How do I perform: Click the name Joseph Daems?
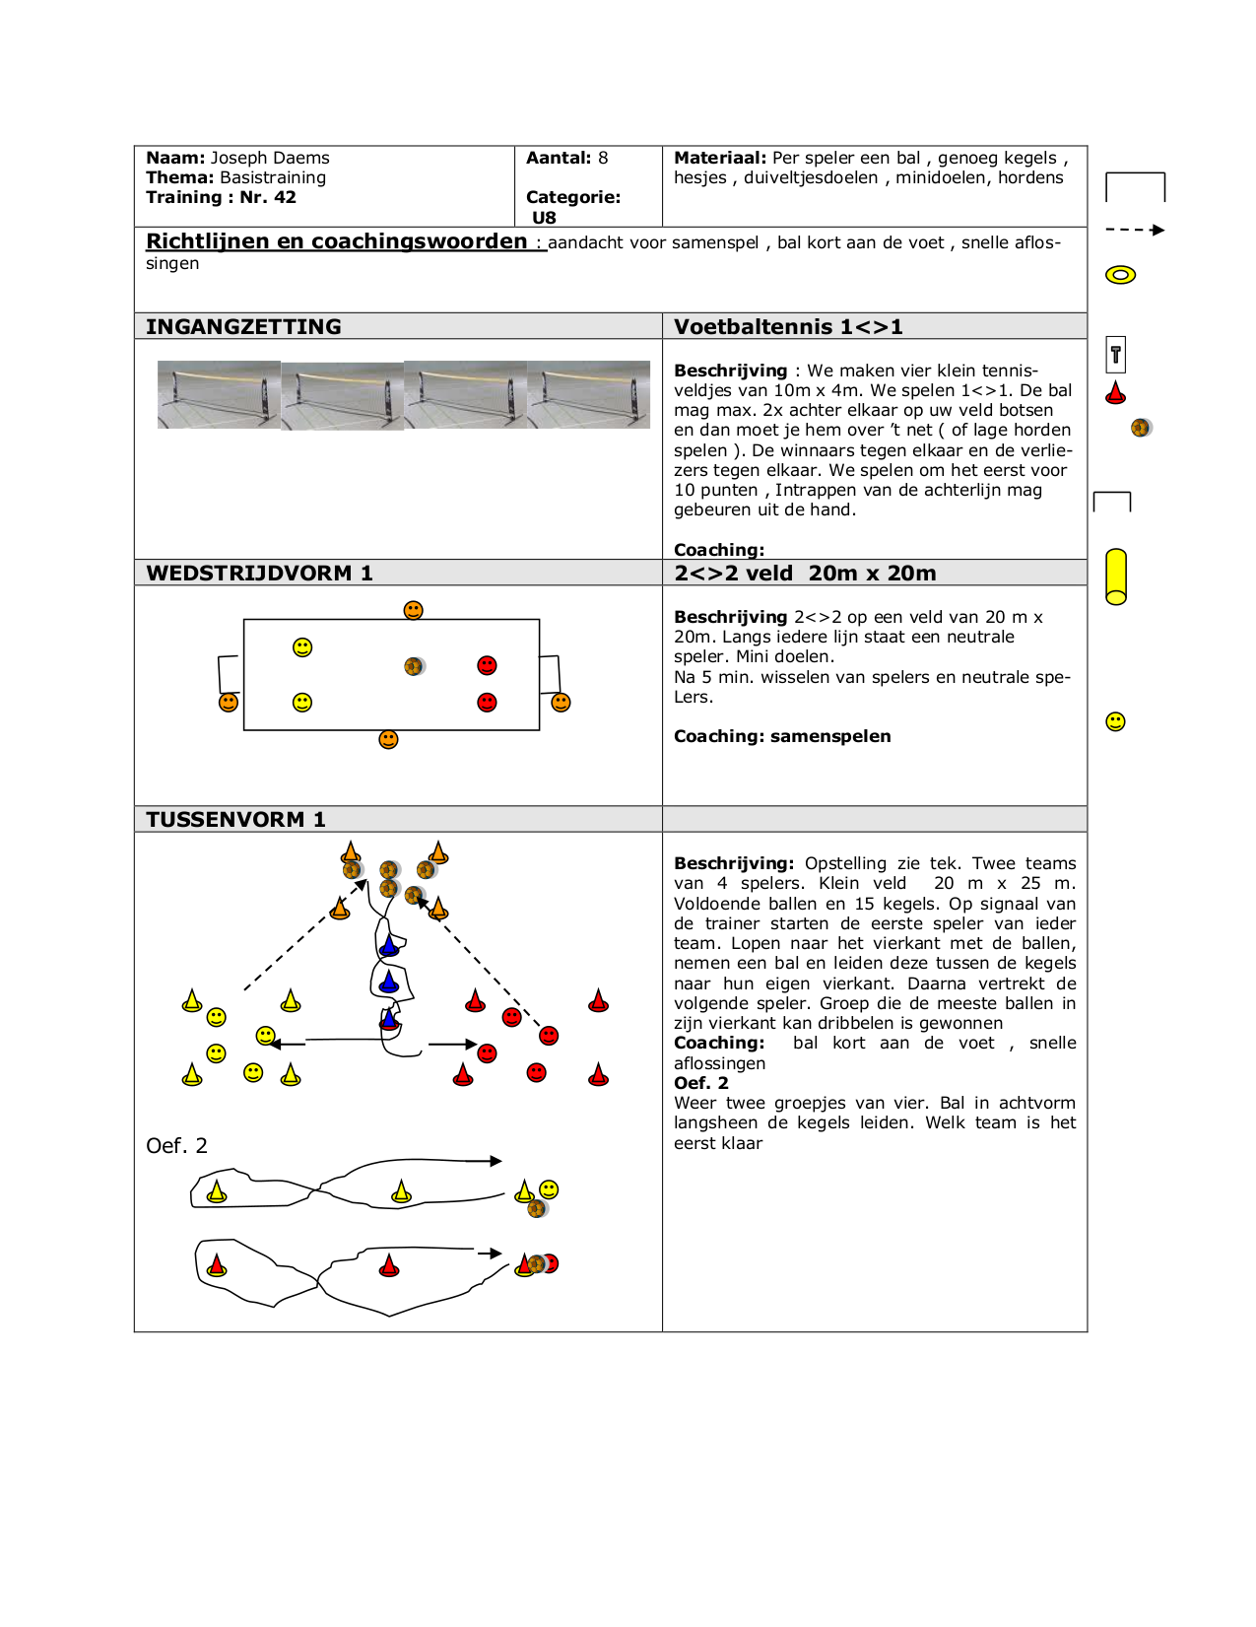(x=269, y=158)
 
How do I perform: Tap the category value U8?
(x=544, y=218)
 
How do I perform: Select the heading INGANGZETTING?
(x=243, y=327)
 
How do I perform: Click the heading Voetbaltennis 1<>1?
(x=788, y=327)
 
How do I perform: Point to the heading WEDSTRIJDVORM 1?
(x=259, y=574)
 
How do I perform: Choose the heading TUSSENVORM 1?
(x=235, y=820)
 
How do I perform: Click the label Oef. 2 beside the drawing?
(x=176, y=1145)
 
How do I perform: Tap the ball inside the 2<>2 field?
(x=414, y=667)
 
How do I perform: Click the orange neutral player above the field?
(x=414, y=611)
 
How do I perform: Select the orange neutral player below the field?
(x=388, y=739)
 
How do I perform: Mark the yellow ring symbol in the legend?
(x=1120, y=275)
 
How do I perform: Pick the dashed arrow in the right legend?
(x=1135, y=230)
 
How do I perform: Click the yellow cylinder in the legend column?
(x=1116, y=576)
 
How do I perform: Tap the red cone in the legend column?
(x=1115, y=393)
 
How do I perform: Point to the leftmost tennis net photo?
(x=219, y=395)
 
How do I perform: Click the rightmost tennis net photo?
(x=589, y=395)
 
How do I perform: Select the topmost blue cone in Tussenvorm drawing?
(x=390, y=947)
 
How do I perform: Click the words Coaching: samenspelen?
(x=782, y=736)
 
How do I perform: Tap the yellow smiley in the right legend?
(x=1115, y=721)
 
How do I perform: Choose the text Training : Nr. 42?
(x=221, y=197)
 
